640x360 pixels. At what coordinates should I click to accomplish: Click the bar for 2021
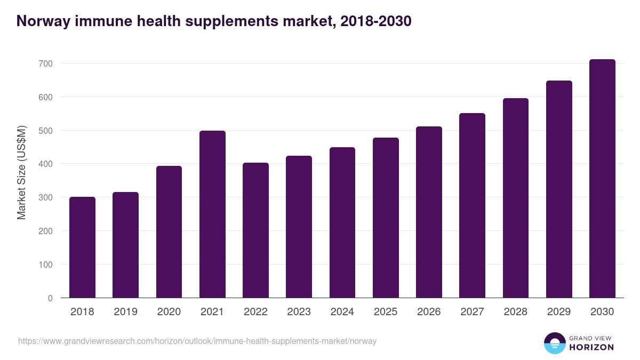point(212,214)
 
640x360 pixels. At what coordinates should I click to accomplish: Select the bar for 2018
point(82,247)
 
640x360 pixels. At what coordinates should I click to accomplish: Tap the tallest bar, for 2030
point(602,179)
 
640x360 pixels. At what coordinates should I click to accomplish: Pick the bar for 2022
point(255,230)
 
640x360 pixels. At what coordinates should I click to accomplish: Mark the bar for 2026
point(429,212)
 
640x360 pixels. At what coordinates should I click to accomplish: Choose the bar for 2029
point(559,189)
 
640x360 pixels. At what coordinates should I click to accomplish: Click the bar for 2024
point(342,222)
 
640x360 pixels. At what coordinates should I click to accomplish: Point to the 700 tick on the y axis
point(46,63)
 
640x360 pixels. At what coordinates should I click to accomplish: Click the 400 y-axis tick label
point(46,164)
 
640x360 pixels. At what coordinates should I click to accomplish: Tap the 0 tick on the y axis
point(50,298)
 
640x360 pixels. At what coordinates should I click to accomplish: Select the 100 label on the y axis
point(46,265)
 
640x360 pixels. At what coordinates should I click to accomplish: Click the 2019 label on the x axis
point(125,312)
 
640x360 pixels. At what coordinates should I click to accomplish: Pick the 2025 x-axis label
point(386,312)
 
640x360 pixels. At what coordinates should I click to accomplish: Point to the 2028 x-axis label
point(516,312)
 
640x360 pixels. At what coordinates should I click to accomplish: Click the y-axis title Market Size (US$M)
point(21,172)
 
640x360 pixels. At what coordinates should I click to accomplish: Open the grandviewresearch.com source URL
point(197,341)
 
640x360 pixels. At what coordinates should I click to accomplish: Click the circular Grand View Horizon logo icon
point(554,343)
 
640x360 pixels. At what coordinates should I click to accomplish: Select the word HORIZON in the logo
point(591,347)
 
